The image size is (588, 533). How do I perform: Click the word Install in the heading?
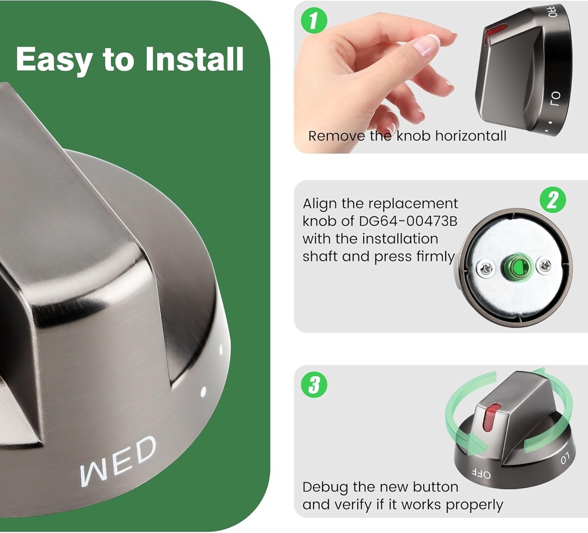[195, 59]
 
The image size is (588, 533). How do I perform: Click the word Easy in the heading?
[55, 60]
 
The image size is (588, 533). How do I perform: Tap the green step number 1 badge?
[314, 20]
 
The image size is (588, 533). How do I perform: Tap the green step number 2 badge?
[552, 199]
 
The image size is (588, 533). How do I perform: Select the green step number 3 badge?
[314, 384]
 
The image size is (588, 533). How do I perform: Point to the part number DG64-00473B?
[408, 221]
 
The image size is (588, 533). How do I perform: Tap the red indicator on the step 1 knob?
[494, 32]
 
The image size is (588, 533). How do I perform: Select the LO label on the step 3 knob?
[565, 458]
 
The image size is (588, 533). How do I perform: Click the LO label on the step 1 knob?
[555, 99]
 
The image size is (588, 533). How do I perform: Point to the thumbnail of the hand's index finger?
[427, 45]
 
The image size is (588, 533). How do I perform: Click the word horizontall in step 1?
[470, 136]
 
